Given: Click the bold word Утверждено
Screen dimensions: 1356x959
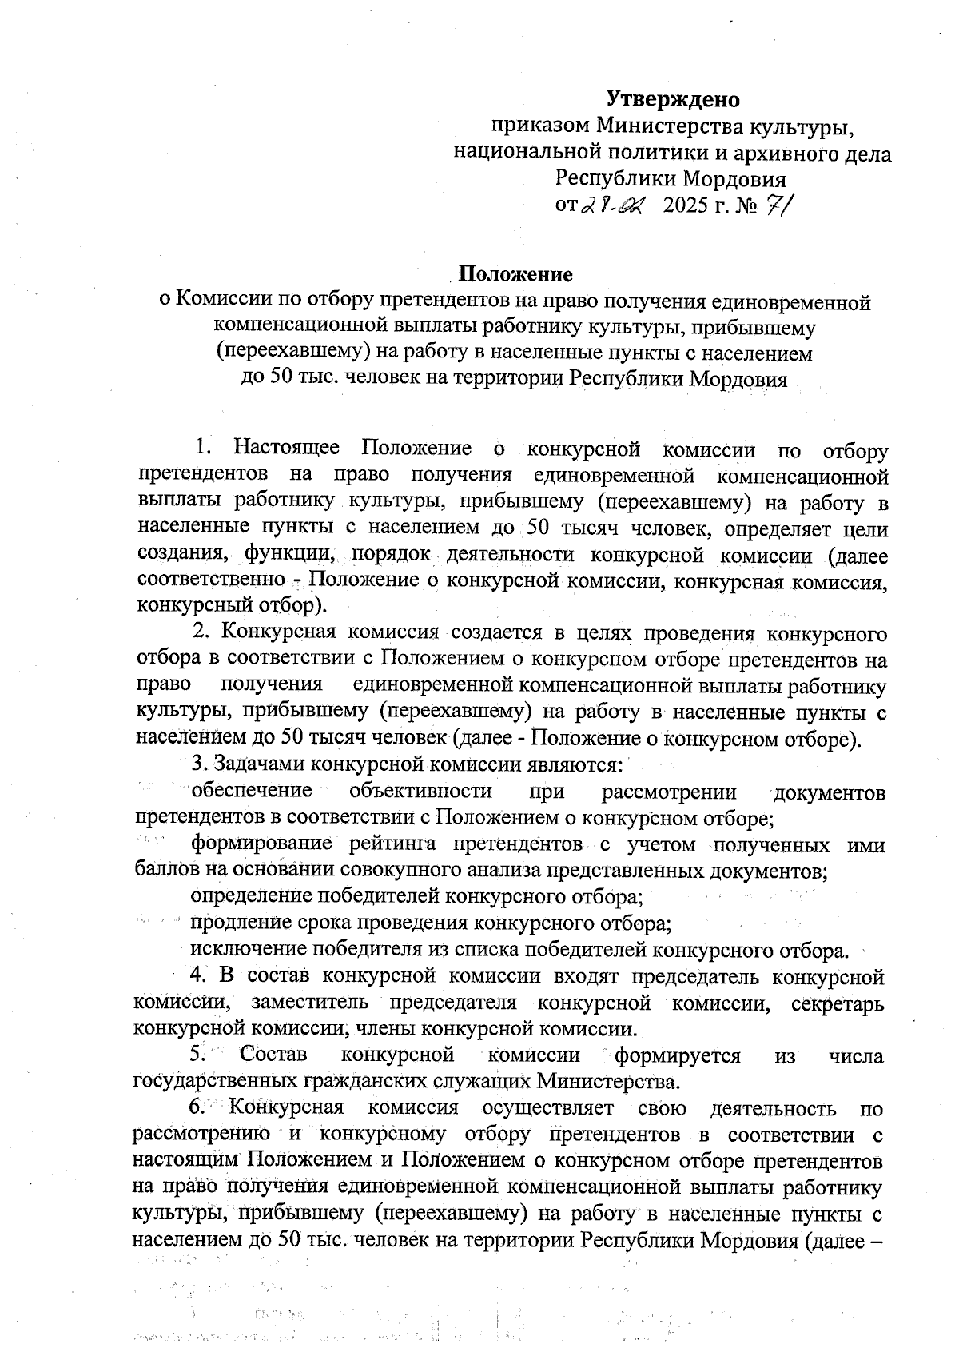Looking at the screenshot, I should point(672,99).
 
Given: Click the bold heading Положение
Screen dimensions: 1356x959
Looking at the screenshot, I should point(515,274).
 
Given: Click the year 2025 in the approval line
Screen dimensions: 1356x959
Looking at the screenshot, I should point(685,205).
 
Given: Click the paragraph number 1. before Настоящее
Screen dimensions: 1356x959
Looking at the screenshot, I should point(205,450).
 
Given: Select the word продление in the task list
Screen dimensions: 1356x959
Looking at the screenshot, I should point(239,923).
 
